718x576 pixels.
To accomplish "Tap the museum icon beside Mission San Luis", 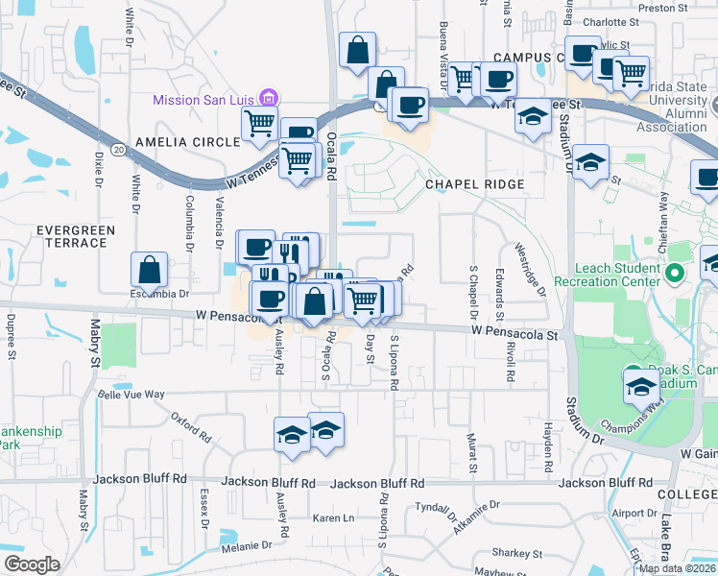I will coord(269,98).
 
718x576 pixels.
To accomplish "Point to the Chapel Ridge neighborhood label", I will coord(476,184).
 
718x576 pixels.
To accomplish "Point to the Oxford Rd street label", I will coord(191,426).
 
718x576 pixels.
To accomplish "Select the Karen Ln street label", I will coord(334,518).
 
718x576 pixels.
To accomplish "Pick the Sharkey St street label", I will coord(517,554).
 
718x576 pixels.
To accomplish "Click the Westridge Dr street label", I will coord(531,269).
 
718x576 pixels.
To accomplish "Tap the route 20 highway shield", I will coord(118,150).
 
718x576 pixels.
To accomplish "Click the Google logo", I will coord(32,564).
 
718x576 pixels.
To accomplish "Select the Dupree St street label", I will coord(12,335).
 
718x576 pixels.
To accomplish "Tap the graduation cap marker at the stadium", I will coord(640,386).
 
